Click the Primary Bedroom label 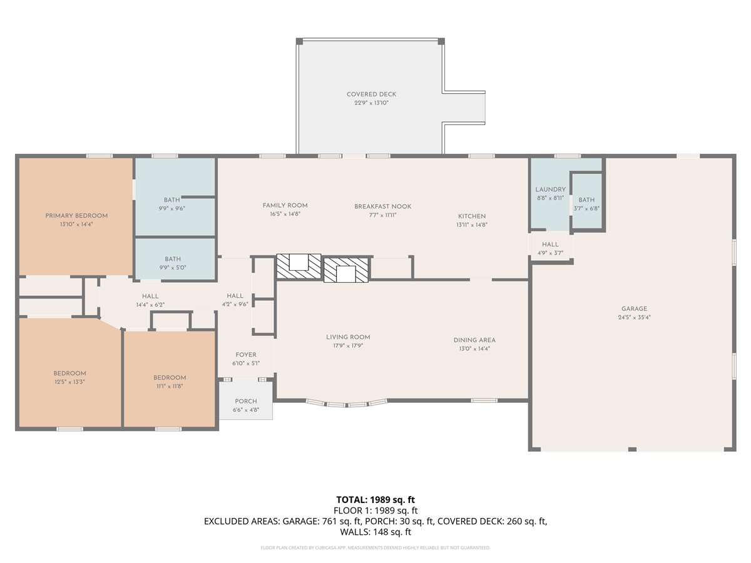76,216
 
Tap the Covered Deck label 371,94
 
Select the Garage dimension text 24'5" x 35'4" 634,317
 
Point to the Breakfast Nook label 382,206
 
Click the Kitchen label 472,216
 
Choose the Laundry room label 550,190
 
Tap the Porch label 246,401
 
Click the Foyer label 246,355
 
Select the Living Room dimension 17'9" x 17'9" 348,345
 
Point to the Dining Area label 474,340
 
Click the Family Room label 285,205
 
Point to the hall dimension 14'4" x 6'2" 150,305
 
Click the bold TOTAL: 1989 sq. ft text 375,499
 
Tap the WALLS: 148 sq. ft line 375,532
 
